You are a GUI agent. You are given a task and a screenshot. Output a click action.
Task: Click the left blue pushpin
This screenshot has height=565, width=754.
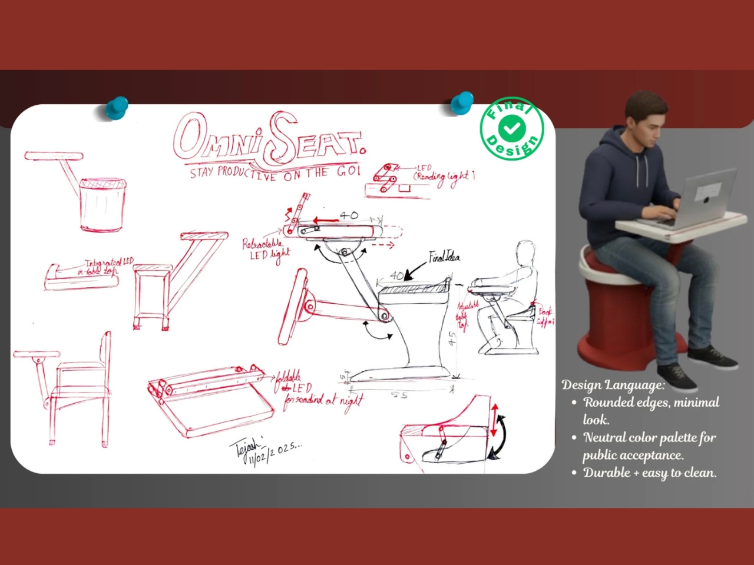click(117, 108)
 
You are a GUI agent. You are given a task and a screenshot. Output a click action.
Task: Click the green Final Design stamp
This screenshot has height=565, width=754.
click(511, 128)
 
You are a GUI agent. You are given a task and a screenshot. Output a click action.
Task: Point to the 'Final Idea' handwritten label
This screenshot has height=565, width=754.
click(445, 257)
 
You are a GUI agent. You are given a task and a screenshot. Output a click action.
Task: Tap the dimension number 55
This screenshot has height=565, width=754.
click(399, 395)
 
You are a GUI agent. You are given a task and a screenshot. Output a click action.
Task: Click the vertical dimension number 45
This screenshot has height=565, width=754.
click(452, 340)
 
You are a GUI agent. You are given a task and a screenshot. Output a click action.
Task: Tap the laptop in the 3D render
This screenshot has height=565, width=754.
click(706, 197)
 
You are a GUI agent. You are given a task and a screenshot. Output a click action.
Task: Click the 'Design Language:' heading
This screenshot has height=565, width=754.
click(613, 385)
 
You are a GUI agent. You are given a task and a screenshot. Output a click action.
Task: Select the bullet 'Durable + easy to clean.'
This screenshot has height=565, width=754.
click(650, 473)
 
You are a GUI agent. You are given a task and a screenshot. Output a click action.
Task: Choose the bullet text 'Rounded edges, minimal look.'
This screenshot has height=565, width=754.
click(651, 411)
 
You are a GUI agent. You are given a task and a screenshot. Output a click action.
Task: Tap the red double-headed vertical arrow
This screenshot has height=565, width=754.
click(494, 420)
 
